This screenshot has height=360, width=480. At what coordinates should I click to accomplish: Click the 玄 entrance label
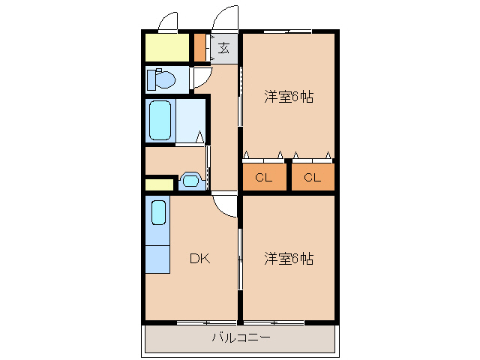(x=224, y=49)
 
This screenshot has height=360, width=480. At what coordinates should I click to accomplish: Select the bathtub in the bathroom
(x=160, y=120)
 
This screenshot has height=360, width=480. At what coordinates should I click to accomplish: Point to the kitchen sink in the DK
(x=158, y=211)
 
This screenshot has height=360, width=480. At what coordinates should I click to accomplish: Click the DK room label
(x=199, y=259)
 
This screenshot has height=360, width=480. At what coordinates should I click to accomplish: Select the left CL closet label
(x=263, y=178)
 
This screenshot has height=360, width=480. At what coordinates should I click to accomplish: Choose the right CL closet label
(x=312, y=178)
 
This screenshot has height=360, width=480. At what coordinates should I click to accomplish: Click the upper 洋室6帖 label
(x=288, y=96)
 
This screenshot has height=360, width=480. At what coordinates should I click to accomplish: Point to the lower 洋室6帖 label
(x=288, y=259)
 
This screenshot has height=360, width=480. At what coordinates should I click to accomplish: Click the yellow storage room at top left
(x=166, y=47)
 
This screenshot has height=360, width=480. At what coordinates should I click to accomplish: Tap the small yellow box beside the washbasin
(x=158, y=184)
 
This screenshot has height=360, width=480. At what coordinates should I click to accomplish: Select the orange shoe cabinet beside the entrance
(x=200, y=47)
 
